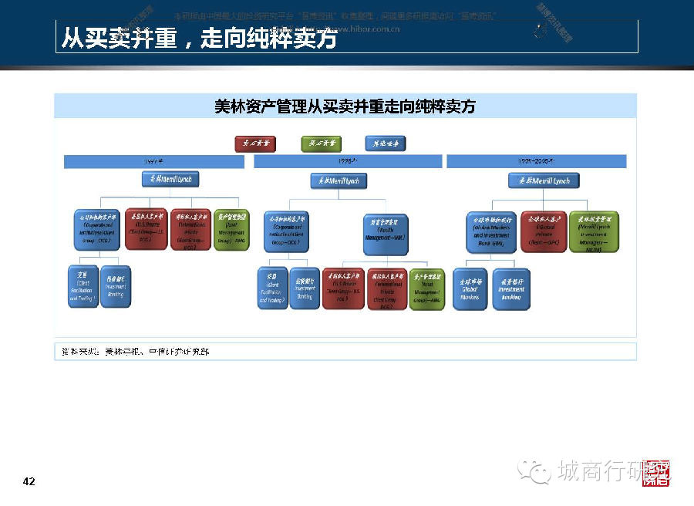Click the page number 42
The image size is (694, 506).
tap(29, 482)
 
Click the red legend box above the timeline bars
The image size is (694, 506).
tap(255, 143)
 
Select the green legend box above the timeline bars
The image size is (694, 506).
tap(321, 143)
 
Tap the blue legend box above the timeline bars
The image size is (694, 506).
tap(385, 143)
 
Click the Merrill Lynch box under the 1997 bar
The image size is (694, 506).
tap(170, 180)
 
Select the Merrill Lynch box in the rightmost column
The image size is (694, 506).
tap(544, 180)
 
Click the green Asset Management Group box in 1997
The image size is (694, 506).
tap(231, 229)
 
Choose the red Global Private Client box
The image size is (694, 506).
tap(543, 231)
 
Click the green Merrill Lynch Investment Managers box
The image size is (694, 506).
tap(594, 231)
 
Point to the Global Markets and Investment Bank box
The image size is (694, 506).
tap(491, 231)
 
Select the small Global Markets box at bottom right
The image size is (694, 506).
tap(470, 288)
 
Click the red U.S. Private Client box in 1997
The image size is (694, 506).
tap(147, 229)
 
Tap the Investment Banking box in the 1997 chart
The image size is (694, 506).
tap(116, 286)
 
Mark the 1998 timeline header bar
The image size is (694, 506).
tap(348, 161)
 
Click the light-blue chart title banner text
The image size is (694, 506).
tap(345, 106)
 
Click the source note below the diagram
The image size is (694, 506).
tap(136, 352)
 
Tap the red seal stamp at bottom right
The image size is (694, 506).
tap(657, 473)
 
